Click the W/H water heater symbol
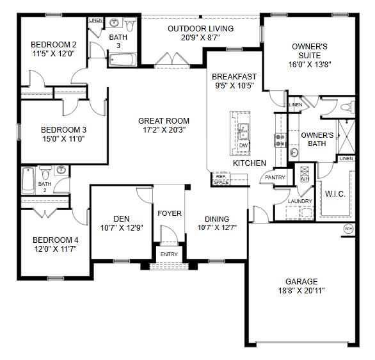(349, 229)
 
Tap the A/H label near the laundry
(304, 179)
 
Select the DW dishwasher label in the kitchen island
(243, 145)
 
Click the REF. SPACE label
(221, 180)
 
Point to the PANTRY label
(275, 177)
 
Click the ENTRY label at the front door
(170, 254)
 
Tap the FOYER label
(170, 213)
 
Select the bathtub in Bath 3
(122, 60)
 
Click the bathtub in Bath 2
(28, 182)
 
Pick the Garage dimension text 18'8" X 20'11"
(301, 291)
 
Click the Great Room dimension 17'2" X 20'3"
(164, 130)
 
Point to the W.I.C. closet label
(336, 193)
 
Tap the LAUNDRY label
(300, 201)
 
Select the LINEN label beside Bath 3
(95, 20)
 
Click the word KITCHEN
(249, 163)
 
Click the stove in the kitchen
(280, 139)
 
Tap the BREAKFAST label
(235, 76)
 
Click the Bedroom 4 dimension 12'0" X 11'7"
(56, 250)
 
